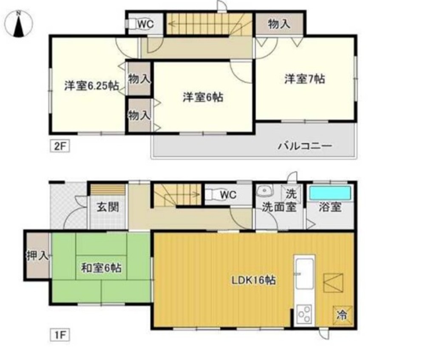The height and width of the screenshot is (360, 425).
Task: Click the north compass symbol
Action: pyautogui.click(x=18, y=24)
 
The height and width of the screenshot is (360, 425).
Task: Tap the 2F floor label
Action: pyautogui.click(x=60, y=146)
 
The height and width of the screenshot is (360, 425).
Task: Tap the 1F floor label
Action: pyautogui.click(x=60, y=335)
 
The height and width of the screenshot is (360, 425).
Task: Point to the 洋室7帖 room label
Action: pyautogui.click(x=305, y=79)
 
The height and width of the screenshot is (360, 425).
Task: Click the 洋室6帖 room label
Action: pyautogui.click(x=203, y=97)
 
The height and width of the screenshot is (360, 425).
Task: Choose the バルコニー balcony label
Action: pyautogui.click(x=305, y=146)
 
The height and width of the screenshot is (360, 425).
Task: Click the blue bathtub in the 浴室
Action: pyautogui.click(x=330, y=193)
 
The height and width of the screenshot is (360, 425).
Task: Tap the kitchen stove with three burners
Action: pyautogui.click(x=304, y=314)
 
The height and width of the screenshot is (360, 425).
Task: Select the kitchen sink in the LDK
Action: pyautogui.click(x=304, y=273)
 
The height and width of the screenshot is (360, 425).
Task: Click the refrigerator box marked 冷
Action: pyautogui.click(x=343, y=315)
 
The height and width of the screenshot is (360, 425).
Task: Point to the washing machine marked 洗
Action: pyautogui.click(x=291, y=194)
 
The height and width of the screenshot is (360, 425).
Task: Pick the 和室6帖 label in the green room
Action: pyautogui.click(x=102, y=268)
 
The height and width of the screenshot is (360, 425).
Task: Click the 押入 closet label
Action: pyautogui.click(x=37, y=255)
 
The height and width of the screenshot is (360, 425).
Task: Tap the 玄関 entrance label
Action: pyautogui.click(x=108, y=207)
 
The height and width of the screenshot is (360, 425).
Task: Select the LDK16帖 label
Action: pyautogui.click(x=253, y=280)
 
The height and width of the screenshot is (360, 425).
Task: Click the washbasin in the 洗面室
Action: pyautogui.click(x=264, y=191)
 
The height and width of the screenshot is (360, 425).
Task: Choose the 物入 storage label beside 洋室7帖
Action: pyautogui.click(x=279, y=24)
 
